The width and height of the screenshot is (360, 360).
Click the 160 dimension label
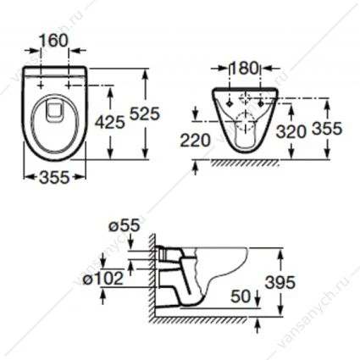click(x=54, y=41)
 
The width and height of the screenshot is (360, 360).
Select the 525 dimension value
click(x=145, y=114)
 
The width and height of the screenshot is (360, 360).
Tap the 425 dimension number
click(x=110, y=122)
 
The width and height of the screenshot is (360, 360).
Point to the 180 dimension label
click(x=245, y=68)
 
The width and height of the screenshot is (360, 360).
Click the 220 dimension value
click(x=196, y=141)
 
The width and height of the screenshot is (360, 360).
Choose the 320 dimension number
click(x=291, y=131)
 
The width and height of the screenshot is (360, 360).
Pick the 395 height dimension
click(x=280, y=282)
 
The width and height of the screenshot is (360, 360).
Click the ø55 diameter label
click(x=125, y=225)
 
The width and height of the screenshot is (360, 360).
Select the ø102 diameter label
click(x=103, y=279)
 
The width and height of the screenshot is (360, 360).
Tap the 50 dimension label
click(x=241, y=296)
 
